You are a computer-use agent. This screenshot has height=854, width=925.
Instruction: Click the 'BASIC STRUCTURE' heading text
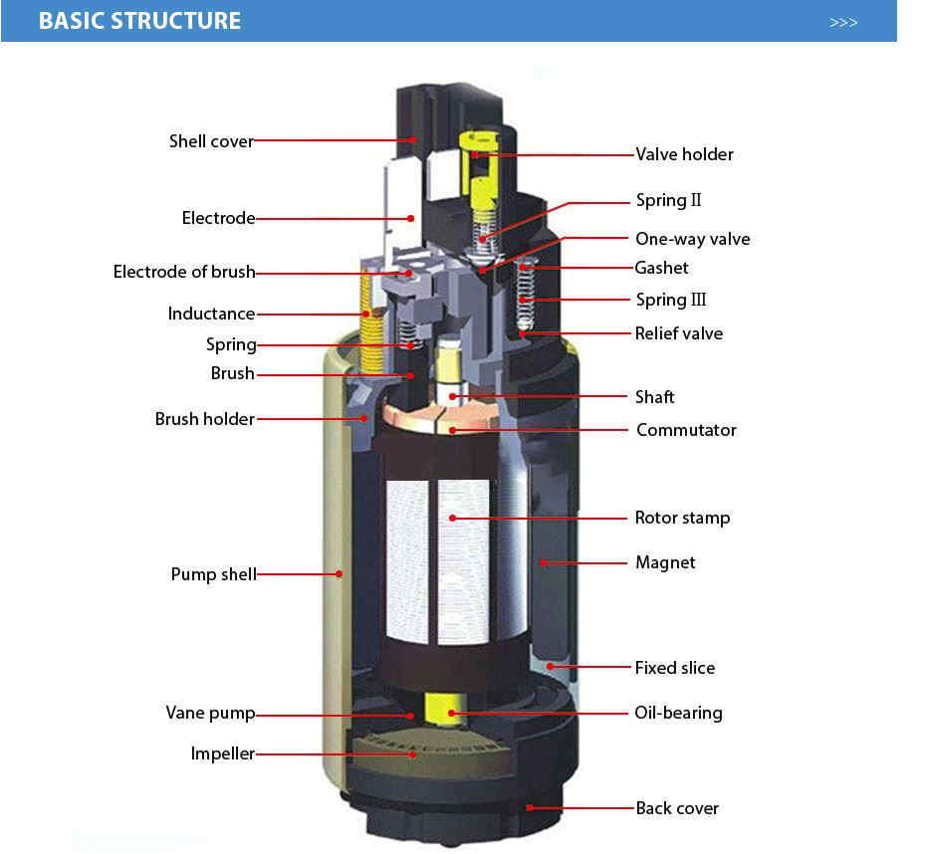click(x=139, y=21)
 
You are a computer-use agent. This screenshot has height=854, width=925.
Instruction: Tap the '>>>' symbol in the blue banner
click(x=843, y=23)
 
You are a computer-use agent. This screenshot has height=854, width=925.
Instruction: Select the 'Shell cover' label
click(x=211, y=141)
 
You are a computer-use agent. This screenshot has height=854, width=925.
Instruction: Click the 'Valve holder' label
click(x=684, y=154)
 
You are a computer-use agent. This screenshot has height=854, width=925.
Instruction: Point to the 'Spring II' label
click(x=668, y=201)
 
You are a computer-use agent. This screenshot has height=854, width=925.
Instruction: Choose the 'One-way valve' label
click(x=692, y=239)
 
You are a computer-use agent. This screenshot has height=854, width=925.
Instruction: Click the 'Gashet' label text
click(x=661, y=268)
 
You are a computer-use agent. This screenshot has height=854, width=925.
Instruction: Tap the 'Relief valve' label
click(x=678, y=333)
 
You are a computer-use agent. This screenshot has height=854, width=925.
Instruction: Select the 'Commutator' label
click(x=686, y=430)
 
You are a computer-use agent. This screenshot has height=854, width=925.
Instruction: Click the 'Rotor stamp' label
click(x=682, y=518)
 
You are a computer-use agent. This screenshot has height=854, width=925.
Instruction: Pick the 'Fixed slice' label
click(x=674, y=668)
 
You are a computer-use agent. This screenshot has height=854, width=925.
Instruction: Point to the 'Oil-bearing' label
click(x=678, y=713)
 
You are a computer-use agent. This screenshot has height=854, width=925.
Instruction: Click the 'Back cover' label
click(x=677, y=808)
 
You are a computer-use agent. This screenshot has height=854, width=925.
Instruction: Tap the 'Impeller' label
click(x=222, y=753)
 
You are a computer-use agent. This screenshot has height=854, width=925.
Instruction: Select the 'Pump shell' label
click(x=213, y=574)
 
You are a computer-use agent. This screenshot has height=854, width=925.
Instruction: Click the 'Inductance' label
click(x=211, y=314)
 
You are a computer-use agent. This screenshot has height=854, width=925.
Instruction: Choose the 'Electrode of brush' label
click(x=183, y=272)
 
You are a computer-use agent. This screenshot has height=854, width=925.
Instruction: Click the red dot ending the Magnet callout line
click(x=544, y=563)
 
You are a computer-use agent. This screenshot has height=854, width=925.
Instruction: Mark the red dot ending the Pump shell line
click(x=339, y=573)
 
